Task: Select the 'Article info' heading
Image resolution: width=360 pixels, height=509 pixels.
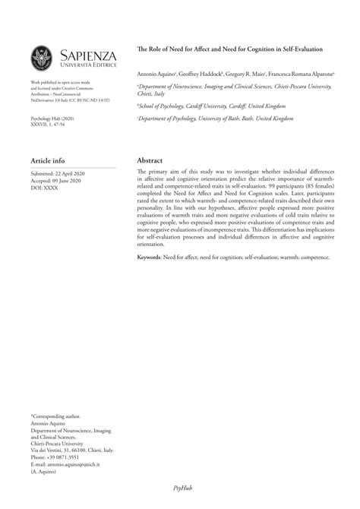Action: pos(48,161)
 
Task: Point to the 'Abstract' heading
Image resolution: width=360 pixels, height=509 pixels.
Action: pos(150,161)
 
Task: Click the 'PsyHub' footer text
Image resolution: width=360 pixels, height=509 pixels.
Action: pos(179,488)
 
